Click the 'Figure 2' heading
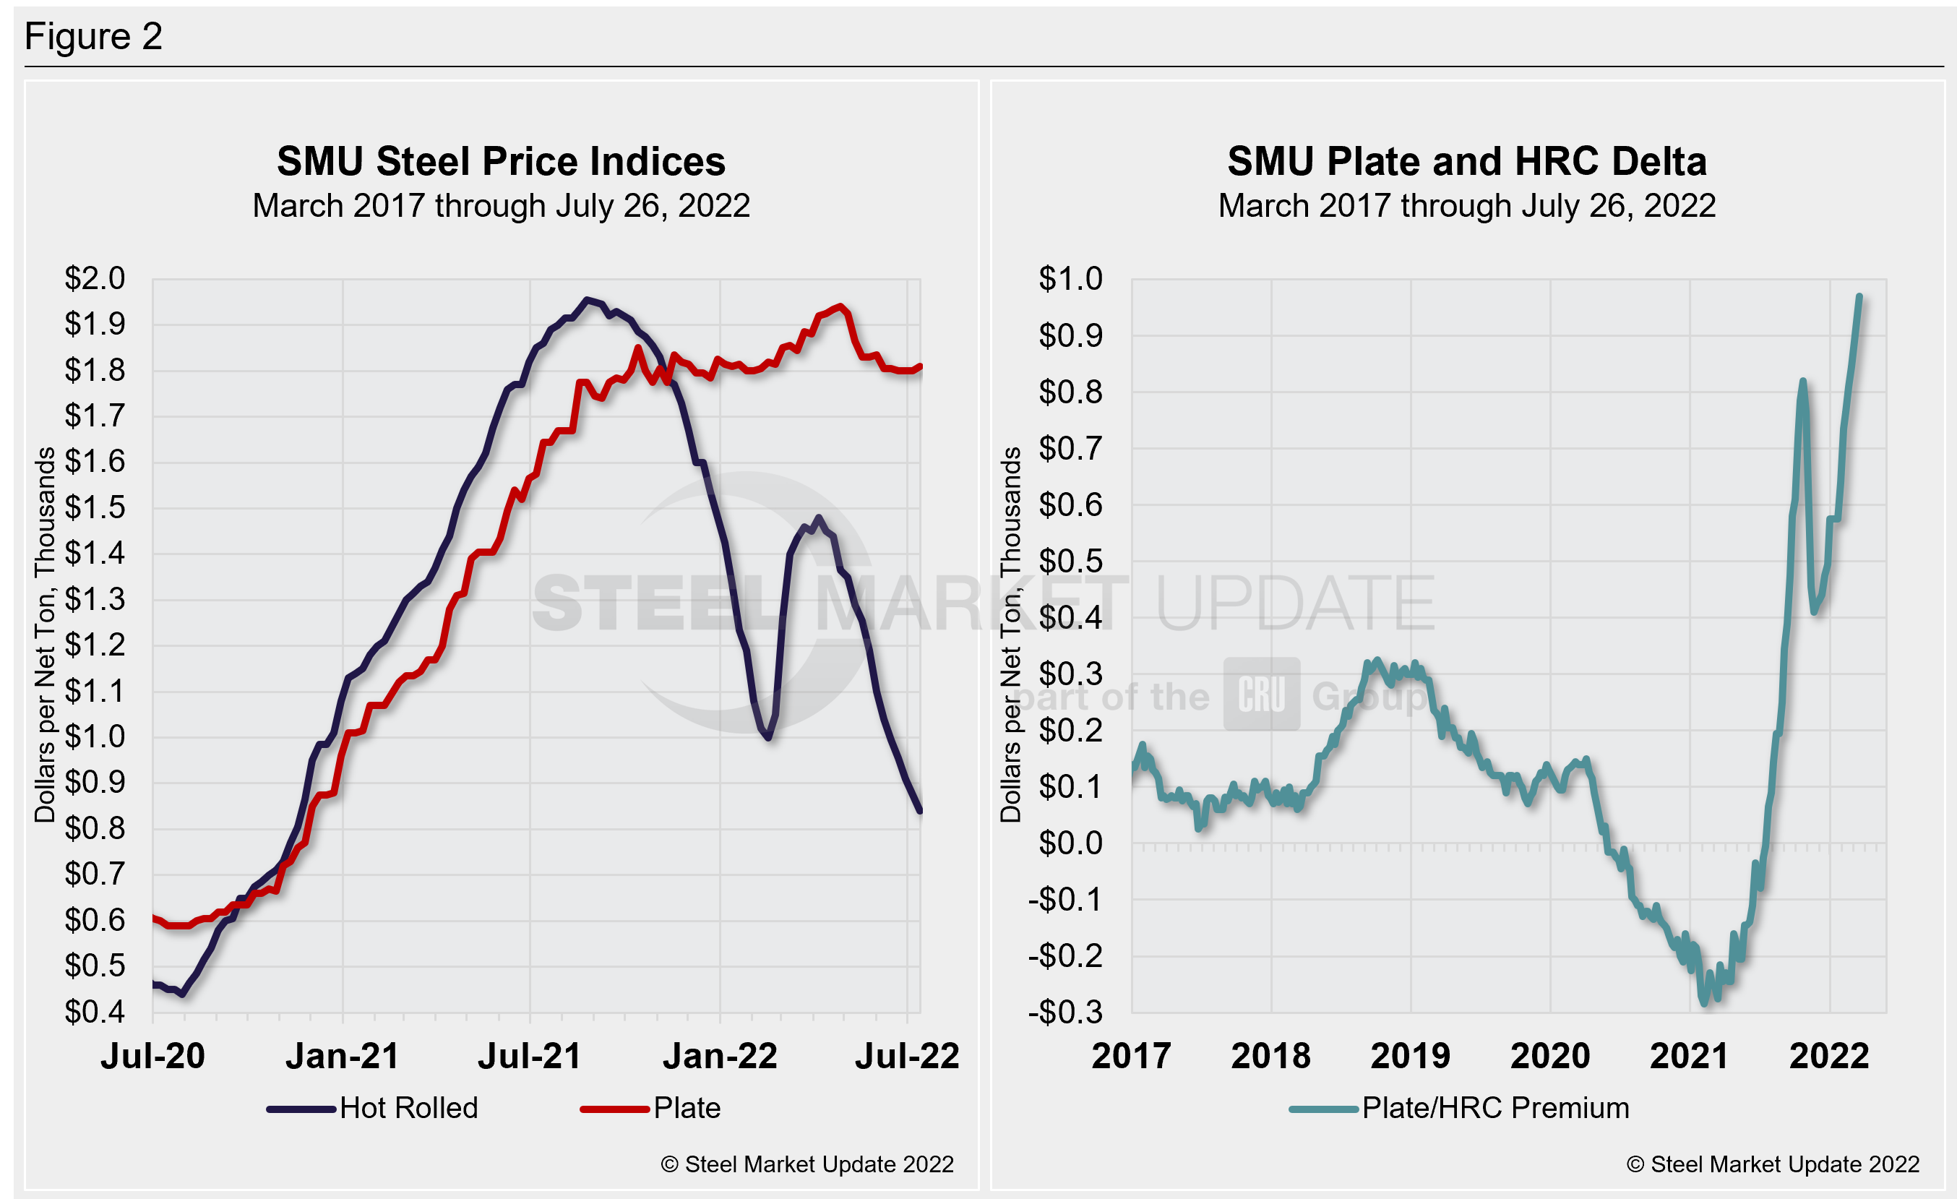pos(93,37)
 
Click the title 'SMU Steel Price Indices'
pos(500,161)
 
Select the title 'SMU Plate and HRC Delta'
pos(1466,161)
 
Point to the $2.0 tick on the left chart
pos(95,278)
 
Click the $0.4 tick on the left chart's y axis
pos(95,1012)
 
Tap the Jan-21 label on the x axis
pos(343,1056)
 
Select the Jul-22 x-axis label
pos(907,1056)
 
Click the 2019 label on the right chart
pos(1410,1056)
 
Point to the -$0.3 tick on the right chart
pos(1065,1013)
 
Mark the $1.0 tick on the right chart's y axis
pos(1070,278)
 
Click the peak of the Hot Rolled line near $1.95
pos(587,300)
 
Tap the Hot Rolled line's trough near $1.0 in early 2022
pos(768,738)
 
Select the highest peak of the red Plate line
pos(840,306)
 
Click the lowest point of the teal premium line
pos(1703,1003)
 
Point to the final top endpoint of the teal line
pos(1859,297)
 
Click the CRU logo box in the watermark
pos(1261,694)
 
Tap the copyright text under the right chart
pos(1772,1164)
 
